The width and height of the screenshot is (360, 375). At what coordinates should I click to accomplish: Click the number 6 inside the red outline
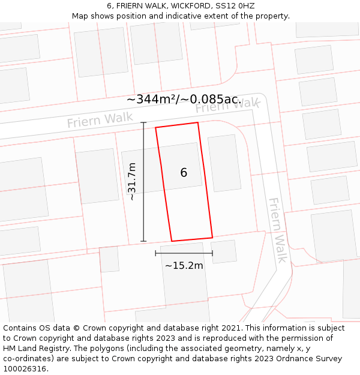[184, 173]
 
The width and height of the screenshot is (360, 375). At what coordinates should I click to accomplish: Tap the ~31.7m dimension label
[132, 181]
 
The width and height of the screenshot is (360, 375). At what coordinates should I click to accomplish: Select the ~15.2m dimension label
[184, 265]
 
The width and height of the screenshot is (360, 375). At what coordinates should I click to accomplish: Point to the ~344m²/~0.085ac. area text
[183, 99]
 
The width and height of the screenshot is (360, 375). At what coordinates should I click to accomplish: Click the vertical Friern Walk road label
[277, 230]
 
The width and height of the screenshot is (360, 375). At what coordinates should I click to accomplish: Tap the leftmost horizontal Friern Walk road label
[100, 120]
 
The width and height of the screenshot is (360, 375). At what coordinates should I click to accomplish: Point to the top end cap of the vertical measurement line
[143, 122]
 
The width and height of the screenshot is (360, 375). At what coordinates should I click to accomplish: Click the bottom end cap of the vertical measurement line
[143, 241]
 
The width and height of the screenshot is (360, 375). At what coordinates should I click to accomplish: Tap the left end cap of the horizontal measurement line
[155, 253]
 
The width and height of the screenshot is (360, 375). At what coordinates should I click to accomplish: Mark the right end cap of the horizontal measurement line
[212, 253]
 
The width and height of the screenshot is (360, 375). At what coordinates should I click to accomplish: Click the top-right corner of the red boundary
[197, 123]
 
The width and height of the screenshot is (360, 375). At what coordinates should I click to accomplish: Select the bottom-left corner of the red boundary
[172, 241]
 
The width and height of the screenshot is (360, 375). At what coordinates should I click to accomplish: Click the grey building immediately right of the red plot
[224, 163]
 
